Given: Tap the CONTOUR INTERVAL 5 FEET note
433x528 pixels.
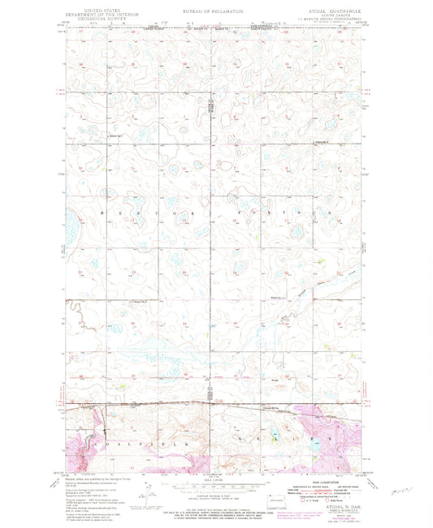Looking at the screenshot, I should click(x=216, y=504).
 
